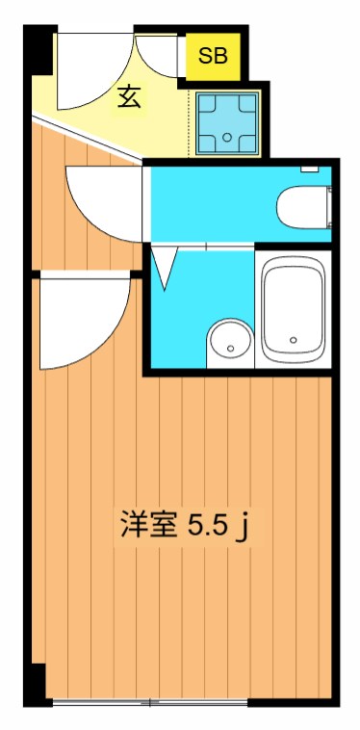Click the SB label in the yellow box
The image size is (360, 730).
click(x=214, y=55)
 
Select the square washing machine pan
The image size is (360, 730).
click(x=227, y=124)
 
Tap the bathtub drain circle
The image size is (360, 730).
click(x=294, y=338)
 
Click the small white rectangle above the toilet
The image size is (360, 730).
click(x=310, y=170)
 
